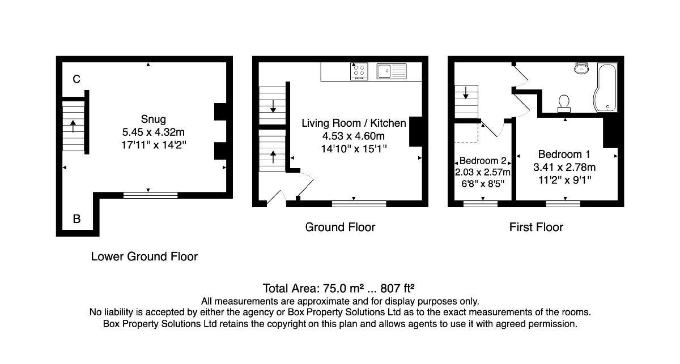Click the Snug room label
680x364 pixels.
(x=154, y=119)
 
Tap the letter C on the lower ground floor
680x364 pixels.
(x=76, y=79)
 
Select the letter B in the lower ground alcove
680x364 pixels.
(x=77, y=219)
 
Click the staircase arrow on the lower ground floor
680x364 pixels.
(x=73, y=126)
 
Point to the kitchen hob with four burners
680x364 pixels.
(x=359, y=71)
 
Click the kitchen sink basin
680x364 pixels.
(x=384, y=71)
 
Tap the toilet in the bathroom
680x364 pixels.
(x=564, y=104)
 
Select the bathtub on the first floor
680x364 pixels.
(x=605, y=87)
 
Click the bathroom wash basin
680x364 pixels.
(x=581, y=68)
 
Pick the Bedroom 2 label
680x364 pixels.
(x=483, y=160)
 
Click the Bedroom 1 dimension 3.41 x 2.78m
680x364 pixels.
(x=564, y=167)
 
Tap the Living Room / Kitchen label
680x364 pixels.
(x=354, y=123)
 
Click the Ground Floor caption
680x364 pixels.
(x=340, y=227)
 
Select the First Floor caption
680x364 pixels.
(x=536, y=227)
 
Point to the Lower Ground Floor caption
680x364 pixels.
(x=144, y=256)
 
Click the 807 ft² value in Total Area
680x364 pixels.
(x=397, y=288)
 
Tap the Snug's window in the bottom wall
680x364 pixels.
(x=151, y=195)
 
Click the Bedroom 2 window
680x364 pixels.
(x=481, y=204)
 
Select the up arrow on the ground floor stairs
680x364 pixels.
(x=273, y=157)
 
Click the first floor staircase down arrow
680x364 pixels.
(x=466, y=92)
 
